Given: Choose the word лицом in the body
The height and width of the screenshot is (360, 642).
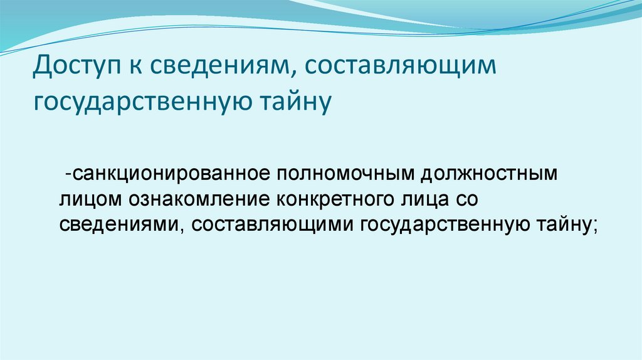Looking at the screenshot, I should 92,199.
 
